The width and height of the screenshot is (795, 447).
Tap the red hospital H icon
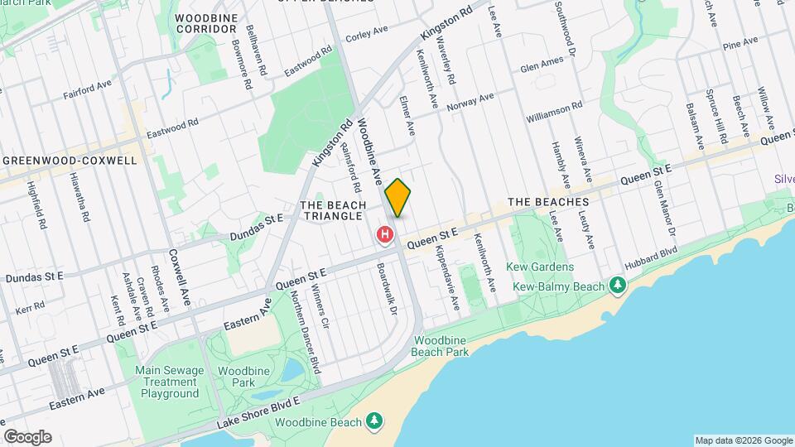click(385, 235)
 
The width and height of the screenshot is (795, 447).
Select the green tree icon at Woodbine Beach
click(374, 421)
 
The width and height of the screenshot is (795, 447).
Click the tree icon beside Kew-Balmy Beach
click(617, 286)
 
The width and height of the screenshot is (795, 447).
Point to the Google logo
click(27, 436)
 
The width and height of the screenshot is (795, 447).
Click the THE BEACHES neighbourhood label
click(547, 202)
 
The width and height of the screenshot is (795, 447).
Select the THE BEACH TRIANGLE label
click(331, 210)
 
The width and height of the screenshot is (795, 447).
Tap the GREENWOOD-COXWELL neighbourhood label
click(69, 160)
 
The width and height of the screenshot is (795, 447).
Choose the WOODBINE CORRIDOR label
click(206, 22)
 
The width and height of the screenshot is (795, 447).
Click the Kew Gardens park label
click(543, 267)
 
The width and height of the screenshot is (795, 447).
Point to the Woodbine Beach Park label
click(441, 346)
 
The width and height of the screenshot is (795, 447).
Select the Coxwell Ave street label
click(180, 278)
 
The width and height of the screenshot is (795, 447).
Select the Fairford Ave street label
click(87, 90)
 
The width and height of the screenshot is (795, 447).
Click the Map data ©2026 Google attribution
click(743, 440)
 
